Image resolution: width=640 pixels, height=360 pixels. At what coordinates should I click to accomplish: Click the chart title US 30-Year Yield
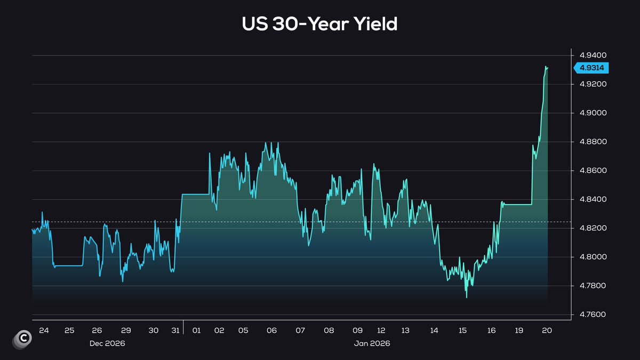click(x=319, y=23)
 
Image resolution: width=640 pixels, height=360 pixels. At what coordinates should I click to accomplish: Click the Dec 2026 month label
click(x=107, y=344)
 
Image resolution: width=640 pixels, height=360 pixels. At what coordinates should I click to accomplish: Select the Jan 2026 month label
click(x=372, y=344)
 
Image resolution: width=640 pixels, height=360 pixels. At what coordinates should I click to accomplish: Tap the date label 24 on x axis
click(x=44, y=331)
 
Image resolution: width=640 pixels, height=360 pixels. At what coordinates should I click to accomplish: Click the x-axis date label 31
click(x=174, y=331)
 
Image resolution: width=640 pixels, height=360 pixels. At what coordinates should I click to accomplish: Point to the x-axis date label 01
click(x=196, y=331)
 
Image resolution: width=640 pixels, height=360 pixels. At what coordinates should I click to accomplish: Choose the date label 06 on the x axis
click(x=271, y=331)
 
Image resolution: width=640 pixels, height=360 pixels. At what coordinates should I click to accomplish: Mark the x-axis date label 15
click(x=462, y=331)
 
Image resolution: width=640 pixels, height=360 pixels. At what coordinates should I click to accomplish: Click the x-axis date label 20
click(x=546, y=331)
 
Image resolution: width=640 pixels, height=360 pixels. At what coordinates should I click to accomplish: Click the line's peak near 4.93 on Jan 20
click(x=546, y=67)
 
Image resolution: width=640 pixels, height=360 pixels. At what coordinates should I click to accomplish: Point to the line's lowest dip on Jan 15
click(x=467, y=297)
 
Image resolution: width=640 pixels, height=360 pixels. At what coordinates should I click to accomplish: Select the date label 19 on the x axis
click(x=519, y=331)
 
